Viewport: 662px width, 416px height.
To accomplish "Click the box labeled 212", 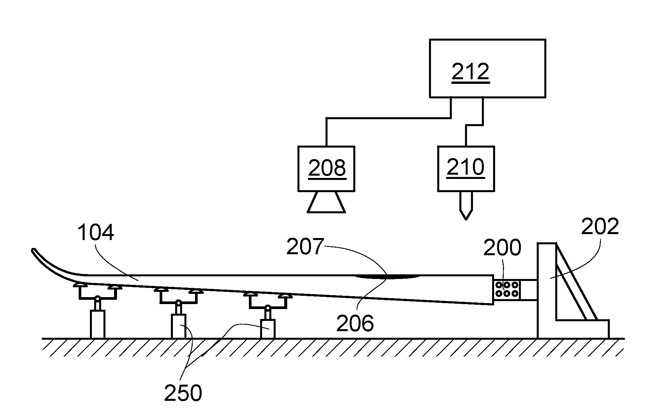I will (487, 68).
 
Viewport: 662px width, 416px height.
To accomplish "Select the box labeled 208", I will (326, 169).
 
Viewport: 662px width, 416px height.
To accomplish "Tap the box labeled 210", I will (466, 169).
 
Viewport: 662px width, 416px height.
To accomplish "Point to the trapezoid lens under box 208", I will (326, 202).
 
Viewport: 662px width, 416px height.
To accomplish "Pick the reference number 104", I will (96, 232).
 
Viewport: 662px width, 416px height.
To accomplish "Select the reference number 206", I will (355, 323).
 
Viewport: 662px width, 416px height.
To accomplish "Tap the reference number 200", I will (502, 248).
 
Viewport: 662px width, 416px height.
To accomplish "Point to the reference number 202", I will (600, 227).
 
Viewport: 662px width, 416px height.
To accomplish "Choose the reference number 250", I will (183, 393).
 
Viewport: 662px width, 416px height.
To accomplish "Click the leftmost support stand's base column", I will (97, 324).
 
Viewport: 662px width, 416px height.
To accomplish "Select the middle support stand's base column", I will (178, 326).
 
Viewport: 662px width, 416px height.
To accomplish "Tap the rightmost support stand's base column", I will (268, 329).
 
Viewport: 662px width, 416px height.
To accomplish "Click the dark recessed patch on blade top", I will (387, 277).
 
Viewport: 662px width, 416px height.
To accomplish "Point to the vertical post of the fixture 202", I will (547, 291).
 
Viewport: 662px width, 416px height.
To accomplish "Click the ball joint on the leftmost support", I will (97, 299).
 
